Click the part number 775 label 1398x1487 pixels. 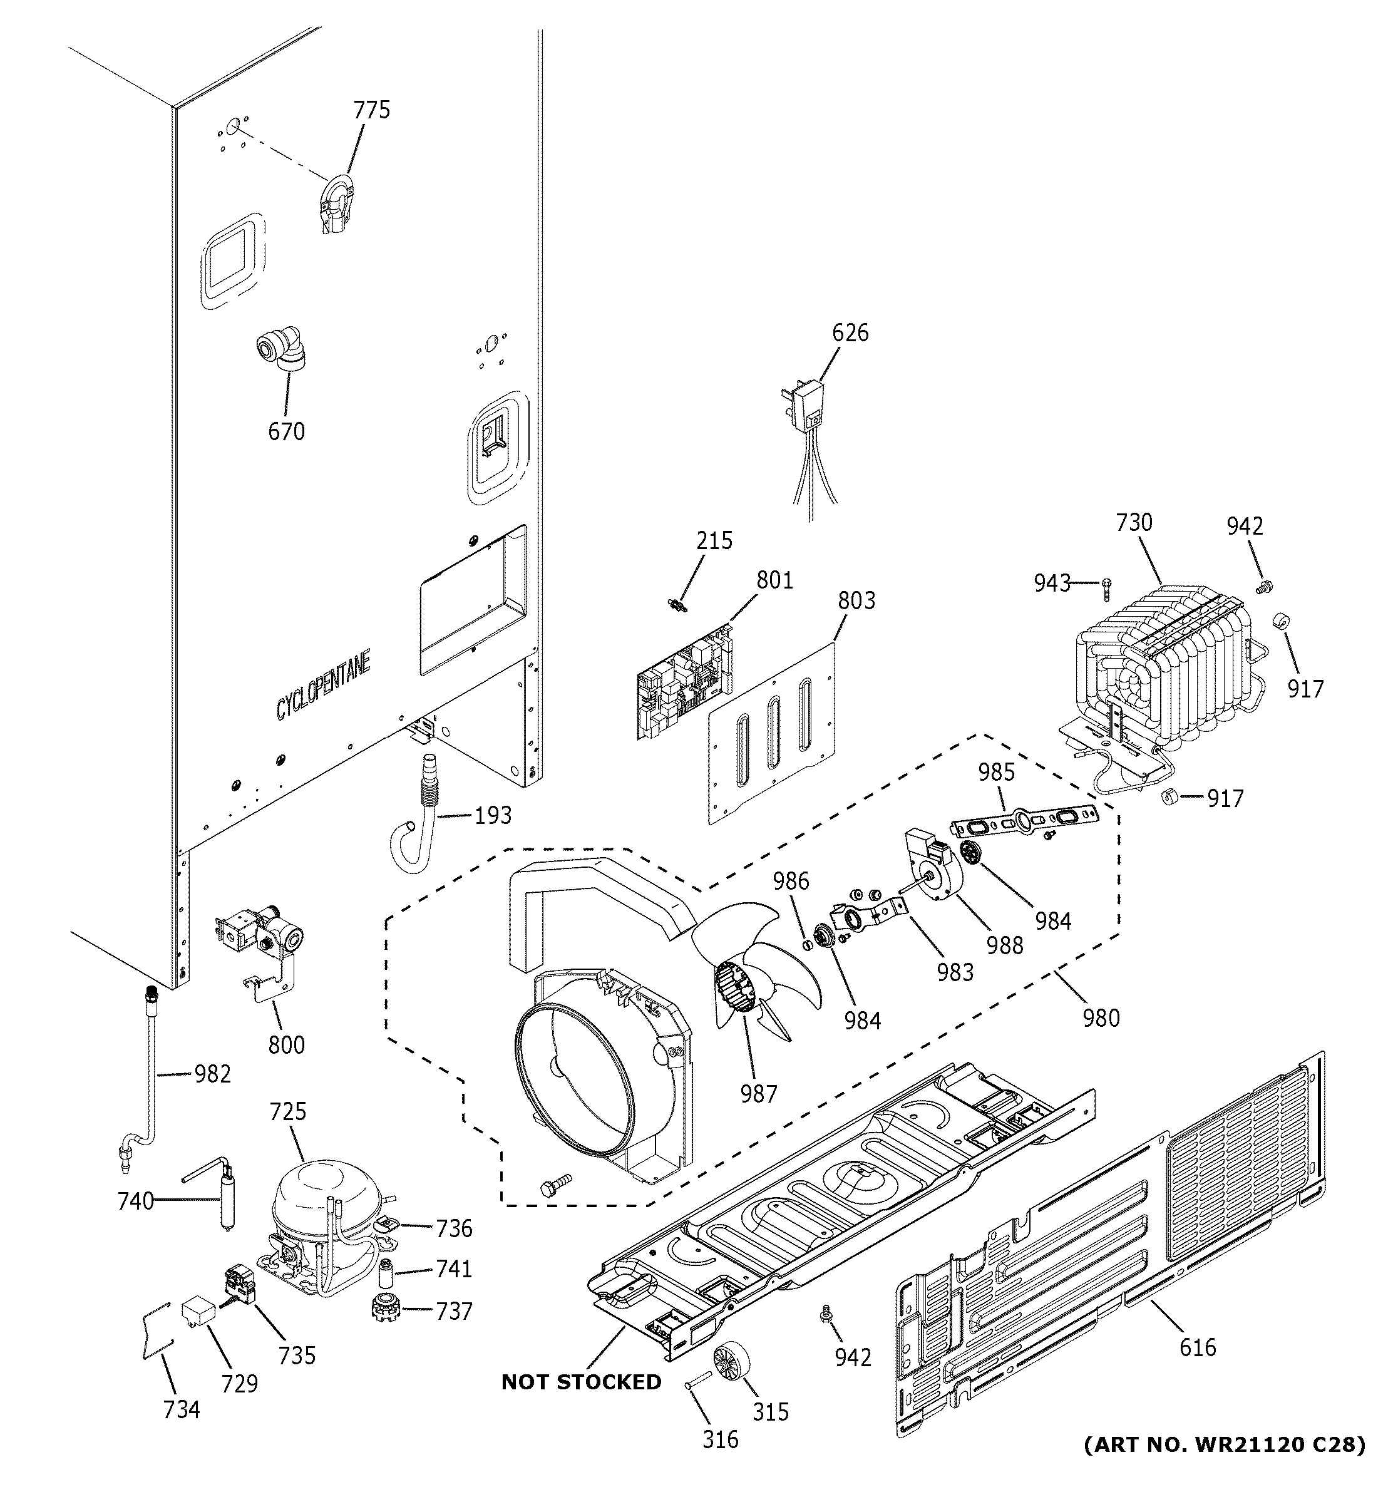372,110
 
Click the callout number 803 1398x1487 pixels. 856,600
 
